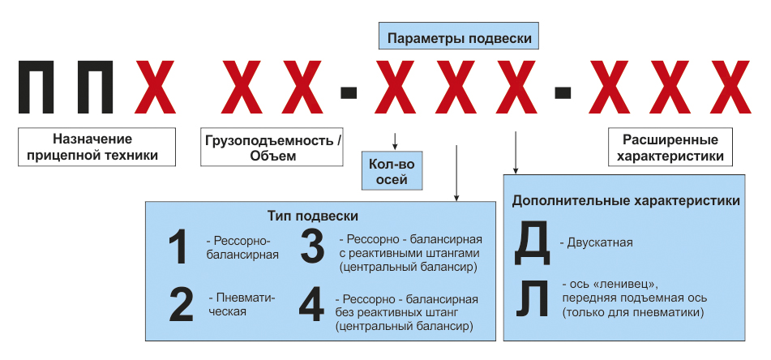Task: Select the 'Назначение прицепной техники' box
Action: (x=96, y=147)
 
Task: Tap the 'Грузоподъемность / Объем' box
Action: (x=272, y=147)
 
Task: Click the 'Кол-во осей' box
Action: (x=392, y=170)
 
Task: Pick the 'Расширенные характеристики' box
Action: (x=670, y=147)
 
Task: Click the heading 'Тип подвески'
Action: (x=313, y=216)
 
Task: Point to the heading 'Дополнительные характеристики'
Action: (x=626, y=201)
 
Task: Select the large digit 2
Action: (x=181, y=305)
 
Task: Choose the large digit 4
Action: (x=311, y=304)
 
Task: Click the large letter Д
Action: (x=532, y=244)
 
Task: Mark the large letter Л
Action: (x=532, y=300)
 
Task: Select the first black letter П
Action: (x=36, y=87)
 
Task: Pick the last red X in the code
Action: (x=729, y=87)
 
